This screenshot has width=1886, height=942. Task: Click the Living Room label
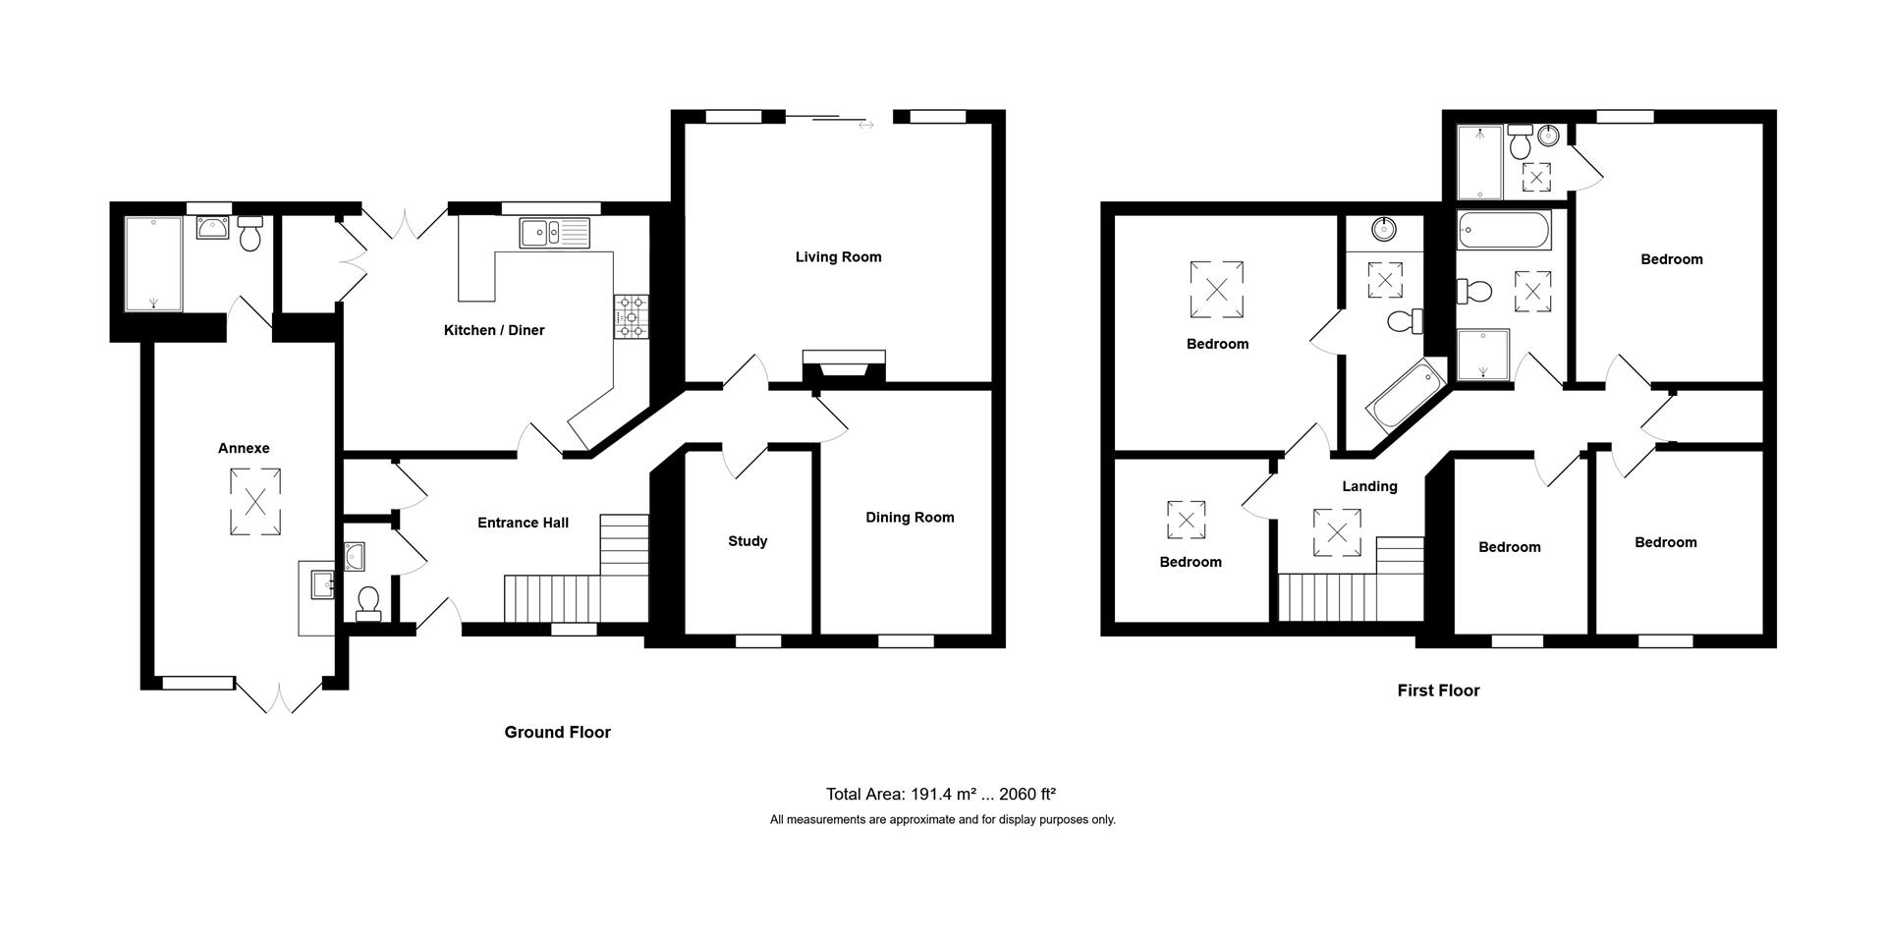(x=838, y=257)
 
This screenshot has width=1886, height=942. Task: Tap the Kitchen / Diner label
(x=493, y=330)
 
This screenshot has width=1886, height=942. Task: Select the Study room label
(x=748, y=541)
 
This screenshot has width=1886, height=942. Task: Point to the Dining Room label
(x=909, y=518)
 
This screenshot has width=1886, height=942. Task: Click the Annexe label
(x=244, y=448)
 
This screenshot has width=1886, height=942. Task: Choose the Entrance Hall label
(x=523, y=523)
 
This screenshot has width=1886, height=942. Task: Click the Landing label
(x=1369, y=486)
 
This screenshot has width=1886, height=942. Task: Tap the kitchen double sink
(x=554, y=233)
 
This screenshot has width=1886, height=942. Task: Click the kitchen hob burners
(x=631, y=317)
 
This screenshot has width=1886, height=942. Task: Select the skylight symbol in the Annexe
(x=255, y=502)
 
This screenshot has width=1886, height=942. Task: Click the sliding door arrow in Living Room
(x=864, y=125)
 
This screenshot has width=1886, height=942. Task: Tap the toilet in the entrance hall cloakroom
(x=368, y=602)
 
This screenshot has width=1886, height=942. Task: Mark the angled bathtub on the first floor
(x=1404, y=396)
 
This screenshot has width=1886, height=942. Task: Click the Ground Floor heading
(x=557, y=732)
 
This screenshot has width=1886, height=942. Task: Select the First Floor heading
(x=1438, y=691)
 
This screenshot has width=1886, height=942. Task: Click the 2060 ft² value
(x=1026, y=795)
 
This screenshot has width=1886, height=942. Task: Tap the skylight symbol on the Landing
(x=1337, y=532)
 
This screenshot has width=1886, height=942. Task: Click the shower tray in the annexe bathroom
(x=153, y=263)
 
